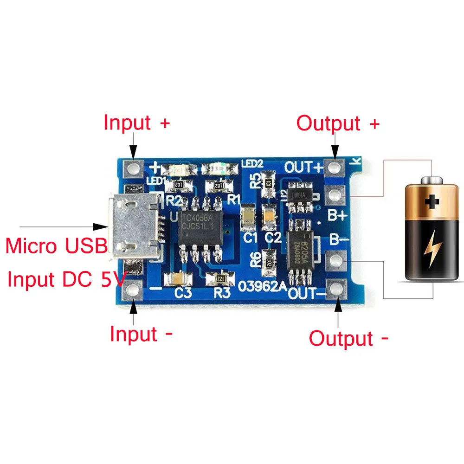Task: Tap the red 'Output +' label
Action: point(338,123)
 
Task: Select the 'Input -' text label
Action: point(141,334)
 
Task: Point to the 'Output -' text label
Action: point(348,338)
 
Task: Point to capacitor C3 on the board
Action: point(177,279)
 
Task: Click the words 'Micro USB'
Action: point(57,245)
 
